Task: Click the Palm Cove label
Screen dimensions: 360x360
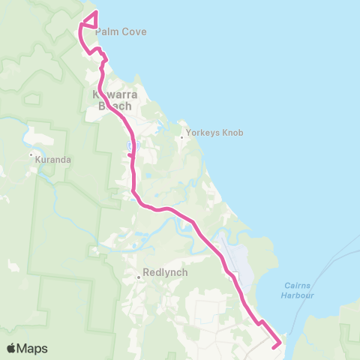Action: [120, 32]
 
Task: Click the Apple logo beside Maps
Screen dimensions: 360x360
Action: [12, 349]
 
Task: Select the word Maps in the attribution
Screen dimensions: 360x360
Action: [34, 349]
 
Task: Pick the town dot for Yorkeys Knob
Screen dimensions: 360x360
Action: [181, 137]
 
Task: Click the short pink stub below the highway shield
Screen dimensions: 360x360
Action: [130, 155]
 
